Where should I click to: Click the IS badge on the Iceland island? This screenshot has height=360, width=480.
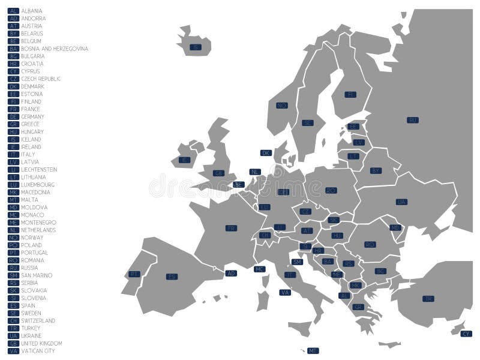(x=194, y=47)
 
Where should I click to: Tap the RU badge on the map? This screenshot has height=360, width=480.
(x=412, y=120)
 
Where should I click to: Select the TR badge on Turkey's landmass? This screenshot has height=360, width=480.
(x=428, y=298)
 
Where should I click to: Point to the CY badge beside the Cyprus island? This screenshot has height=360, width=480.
(x=466, y=334)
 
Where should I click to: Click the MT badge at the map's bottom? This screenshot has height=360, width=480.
(x=313, y=350)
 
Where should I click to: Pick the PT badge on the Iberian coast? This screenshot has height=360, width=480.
(x=134, y=274)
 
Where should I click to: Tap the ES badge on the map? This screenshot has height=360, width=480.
(x=172, y=277)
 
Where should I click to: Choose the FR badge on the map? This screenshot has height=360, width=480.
(x=231, y=228)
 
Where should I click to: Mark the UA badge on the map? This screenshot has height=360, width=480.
(x=401, y=202)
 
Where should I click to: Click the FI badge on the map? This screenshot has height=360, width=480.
(x=350, y=94)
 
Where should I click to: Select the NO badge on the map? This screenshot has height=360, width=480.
(x=281, y=105)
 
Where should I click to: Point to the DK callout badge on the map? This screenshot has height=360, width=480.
(x=266, y=153)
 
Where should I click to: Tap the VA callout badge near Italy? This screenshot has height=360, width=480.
(x=285, y=292)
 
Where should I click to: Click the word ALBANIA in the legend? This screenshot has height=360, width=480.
(x=32, y=11)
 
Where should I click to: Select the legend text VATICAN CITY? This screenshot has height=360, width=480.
(x=38, y=351)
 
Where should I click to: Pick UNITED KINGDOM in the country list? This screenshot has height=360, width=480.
(x=41, y=343)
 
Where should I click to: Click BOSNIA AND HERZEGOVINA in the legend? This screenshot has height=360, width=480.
(x=55, y=49)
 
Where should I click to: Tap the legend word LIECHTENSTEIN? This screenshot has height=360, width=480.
(x=39, y=170)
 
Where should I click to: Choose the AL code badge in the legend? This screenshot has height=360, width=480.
(x=14, y=11)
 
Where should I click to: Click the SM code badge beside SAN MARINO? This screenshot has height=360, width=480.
(x=14, y=275)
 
